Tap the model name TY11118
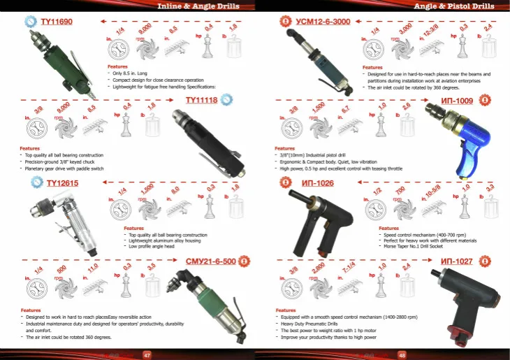point(201,100)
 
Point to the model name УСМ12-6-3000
point(323,22)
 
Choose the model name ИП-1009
point(457,101)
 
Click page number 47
point(147,354)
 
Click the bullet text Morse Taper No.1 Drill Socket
point(418,247)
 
